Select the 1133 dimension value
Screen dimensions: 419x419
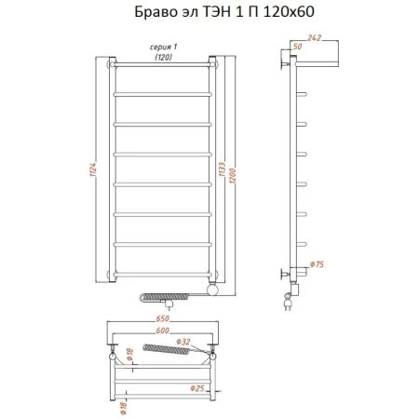click(221, 171)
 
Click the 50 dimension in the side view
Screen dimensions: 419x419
click(297, 46)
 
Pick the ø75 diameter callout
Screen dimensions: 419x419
click(318, 265)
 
